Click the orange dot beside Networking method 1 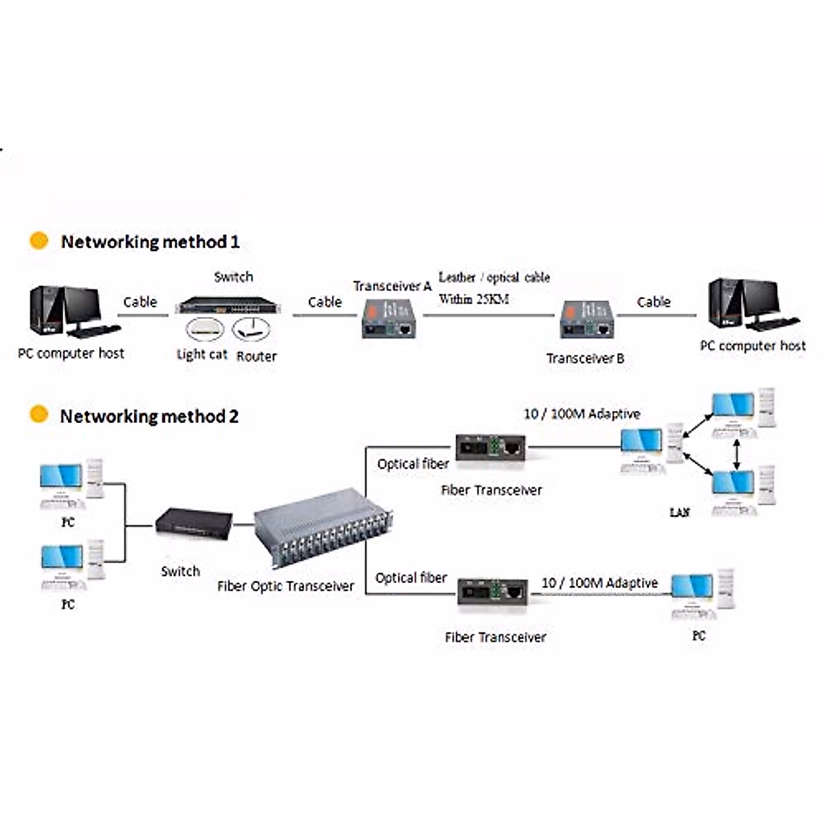tap(39, 241)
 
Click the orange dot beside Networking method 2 tap(39, 415)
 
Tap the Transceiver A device tap(389, 319)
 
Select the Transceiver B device tap(586, 320)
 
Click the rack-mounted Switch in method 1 tap(228, 305)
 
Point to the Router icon tap(251, 329)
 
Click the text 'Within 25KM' tap(474, 299)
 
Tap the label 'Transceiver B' tap(585, 358)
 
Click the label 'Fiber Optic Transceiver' tap(285, 586)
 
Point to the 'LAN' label tap(679, 512)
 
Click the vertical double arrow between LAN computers tap(737, 454)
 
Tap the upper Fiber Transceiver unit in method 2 tap(490, 448)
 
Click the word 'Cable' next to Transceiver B tap(653, 302)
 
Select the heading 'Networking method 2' tap(149, 417)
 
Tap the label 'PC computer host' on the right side tap(752, 346)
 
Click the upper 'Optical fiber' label tap(412, 464)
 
